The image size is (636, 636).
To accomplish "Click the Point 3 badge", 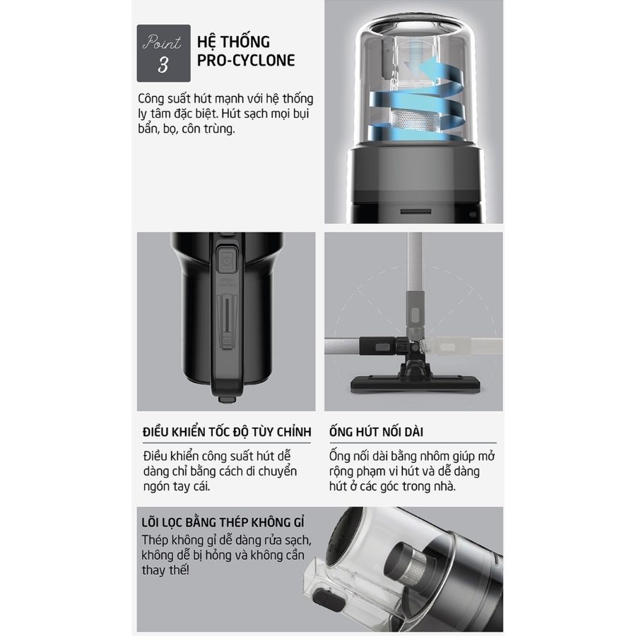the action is pyautogui.click(x=163, y=53).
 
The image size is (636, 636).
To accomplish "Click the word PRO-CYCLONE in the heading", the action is pyautogui.click(x=246, y=60).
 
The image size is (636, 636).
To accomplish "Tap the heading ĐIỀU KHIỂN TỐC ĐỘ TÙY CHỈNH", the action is pyautogui.click(x=227, y=432).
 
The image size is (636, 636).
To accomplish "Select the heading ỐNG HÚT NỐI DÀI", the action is pyautogui.click(x=376, y=432).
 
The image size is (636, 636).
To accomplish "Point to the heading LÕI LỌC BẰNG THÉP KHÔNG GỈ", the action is pyautogui.click(x=223, y=522).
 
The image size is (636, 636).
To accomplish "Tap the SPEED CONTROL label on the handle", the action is pyautogui.click(x=227, y=283).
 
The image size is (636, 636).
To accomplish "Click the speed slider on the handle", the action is pyautogui.click(x=227, y=323).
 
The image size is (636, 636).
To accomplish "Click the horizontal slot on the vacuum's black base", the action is pyautogui.click(x=416, y=212).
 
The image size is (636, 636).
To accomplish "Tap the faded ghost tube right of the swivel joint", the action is pyautogui.click(x=462, y=347).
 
